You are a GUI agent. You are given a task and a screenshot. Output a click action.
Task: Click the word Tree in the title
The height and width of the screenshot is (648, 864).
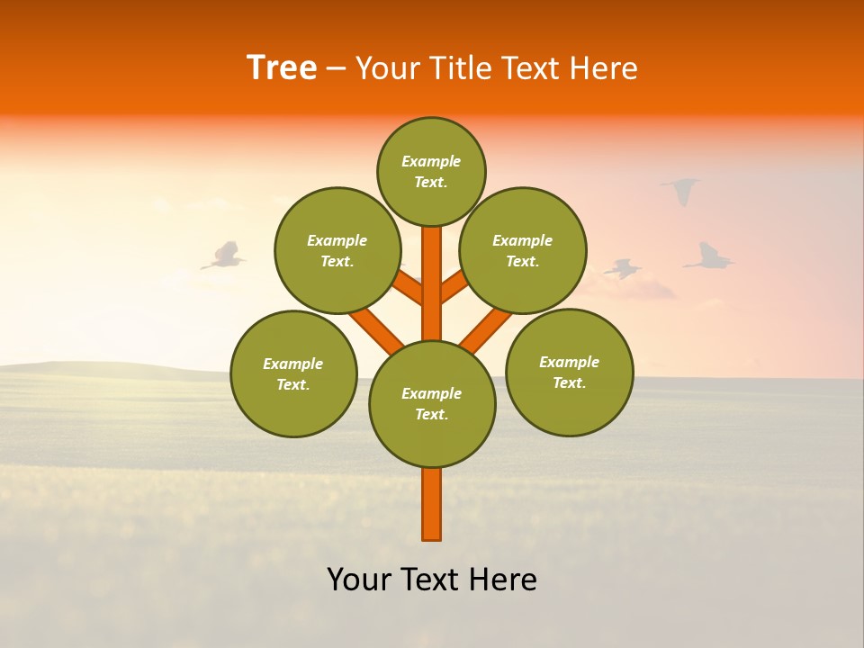pos(282,68)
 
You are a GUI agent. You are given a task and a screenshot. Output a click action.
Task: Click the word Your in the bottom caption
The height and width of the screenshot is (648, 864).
pos(359,580)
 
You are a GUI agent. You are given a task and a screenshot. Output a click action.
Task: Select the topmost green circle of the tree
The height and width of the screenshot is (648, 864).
pos(431,171)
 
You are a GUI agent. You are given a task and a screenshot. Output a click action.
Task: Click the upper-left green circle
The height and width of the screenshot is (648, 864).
pos(337,250)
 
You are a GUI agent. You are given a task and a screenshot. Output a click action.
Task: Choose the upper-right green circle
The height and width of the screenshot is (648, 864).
pos(522,250)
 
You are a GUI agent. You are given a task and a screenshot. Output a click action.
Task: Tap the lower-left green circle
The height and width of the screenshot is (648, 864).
pos(293,373)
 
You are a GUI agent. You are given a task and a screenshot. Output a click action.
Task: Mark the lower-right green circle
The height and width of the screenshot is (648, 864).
pos(569,372)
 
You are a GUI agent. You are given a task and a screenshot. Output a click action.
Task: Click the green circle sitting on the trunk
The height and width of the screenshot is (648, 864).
pos(432,403)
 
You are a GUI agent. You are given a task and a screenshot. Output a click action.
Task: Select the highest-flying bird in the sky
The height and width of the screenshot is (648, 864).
pos(681,189)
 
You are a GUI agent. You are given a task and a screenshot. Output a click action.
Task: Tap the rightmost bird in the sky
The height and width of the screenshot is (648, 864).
pos(709,258)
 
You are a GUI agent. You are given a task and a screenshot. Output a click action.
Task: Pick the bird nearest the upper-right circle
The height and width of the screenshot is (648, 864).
pos(623,268)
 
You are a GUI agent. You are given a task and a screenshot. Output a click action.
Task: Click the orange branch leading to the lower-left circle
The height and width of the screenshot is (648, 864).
pos(376,329)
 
